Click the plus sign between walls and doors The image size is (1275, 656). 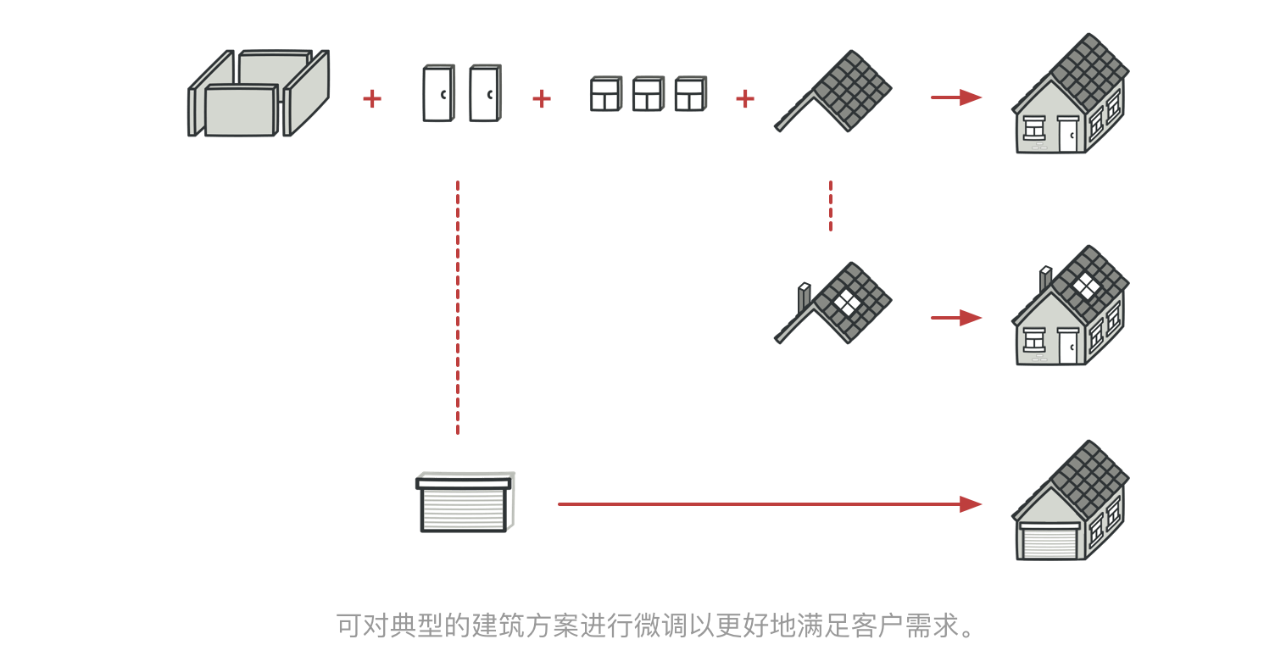click(372, 99)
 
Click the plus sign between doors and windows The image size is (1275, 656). click(542, 99)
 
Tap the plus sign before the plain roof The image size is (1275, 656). click(745, 99)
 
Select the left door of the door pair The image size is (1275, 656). click(437, 93)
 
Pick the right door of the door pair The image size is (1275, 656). click(484, 93)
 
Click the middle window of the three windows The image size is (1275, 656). click(648, 94)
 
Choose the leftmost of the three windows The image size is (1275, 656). click(605, 94)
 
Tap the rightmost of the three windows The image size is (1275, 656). click(690, 94)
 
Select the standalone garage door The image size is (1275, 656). click(465, 503)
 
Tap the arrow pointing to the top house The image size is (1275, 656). click(955, 97)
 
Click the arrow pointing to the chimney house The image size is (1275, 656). click(955, 318)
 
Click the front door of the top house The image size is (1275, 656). click(1067, 135)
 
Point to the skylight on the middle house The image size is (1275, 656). click(1085, 286)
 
